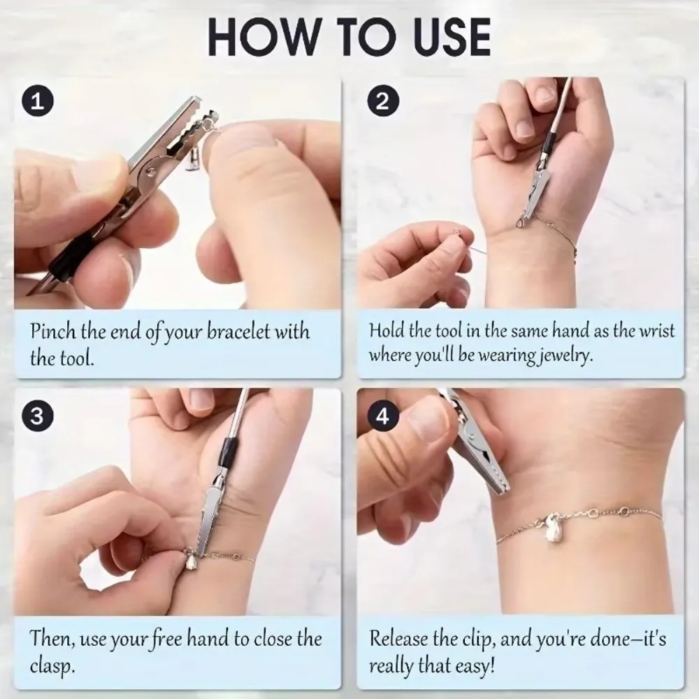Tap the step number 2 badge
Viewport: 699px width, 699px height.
[382, 102]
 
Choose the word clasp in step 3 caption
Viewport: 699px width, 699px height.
[51, 664]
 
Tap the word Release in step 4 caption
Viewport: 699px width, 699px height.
[398, 638]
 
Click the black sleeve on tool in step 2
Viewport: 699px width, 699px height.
[550, 143]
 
